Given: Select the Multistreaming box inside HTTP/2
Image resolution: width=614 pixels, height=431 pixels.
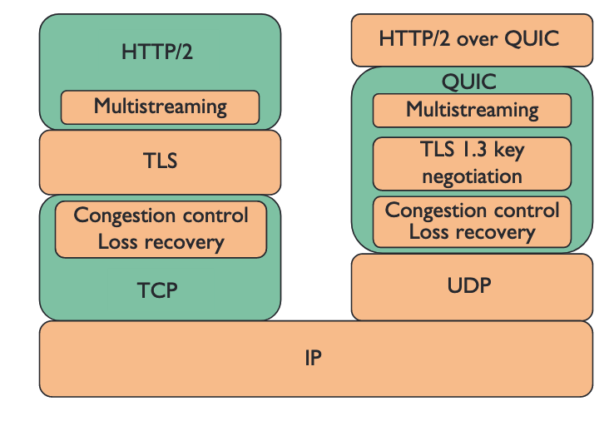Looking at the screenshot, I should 160,107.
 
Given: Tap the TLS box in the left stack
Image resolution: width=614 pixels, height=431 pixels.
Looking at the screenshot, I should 160,161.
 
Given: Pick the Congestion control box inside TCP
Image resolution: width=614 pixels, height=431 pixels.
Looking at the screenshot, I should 161,229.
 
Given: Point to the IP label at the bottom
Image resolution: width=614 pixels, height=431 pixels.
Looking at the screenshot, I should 313,359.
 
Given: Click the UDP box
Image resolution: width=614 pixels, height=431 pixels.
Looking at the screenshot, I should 471,286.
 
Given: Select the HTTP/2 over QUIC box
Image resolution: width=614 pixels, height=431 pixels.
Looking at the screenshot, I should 471,39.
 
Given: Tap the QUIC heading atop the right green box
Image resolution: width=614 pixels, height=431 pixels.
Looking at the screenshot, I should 471,82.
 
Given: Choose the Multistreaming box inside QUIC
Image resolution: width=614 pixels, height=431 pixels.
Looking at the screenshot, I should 471,110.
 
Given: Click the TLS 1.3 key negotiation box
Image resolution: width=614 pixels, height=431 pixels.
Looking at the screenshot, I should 471,163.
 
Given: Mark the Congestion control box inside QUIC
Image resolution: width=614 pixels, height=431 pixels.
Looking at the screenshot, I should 471,221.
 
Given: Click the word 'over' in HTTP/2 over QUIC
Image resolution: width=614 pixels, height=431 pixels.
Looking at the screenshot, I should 473,39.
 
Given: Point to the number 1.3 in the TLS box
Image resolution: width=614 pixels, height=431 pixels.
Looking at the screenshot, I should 478,151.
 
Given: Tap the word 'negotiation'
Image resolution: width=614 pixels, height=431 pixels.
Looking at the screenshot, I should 472,176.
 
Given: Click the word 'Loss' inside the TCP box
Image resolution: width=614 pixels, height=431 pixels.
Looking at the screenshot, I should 120,242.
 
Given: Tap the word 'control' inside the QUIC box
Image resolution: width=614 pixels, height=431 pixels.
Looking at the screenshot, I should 528,211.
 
